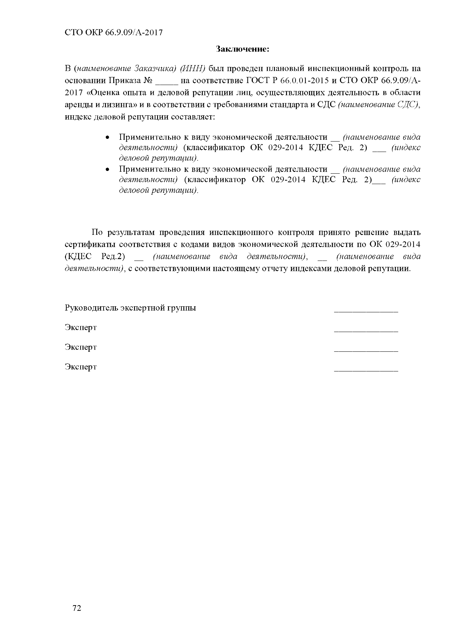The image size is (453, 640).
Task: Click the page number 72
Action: (x=77, y=608)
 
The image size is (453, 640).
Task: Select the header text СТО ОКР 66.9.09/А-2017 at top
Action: (x=114, y=33)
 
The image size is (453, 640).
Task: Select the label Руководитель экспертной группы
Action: (x=130, y=308)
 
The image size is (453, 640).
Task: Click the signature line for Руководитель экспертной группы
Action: (x=366, y=311)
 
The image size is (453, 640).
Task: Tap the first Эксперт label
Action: (x=81, y=327)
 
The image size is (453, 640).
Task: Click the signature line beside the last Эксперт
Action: (x=366, y=371)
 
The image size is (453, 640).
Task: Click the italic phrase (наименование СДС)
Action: (x=378, y=105)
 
